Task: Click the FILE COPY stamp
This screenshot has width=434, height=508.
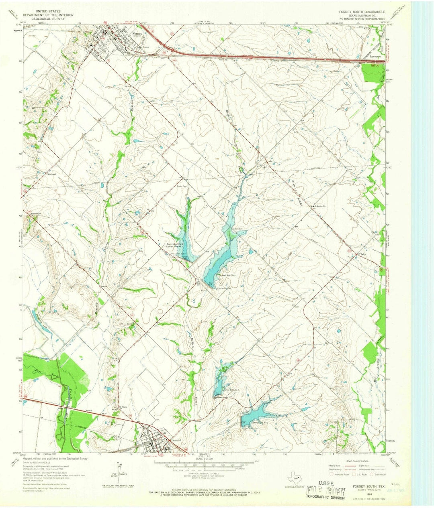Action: pos(325,490)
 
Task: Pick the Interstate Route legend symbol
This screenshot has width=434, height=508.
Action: pos(330,474)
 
